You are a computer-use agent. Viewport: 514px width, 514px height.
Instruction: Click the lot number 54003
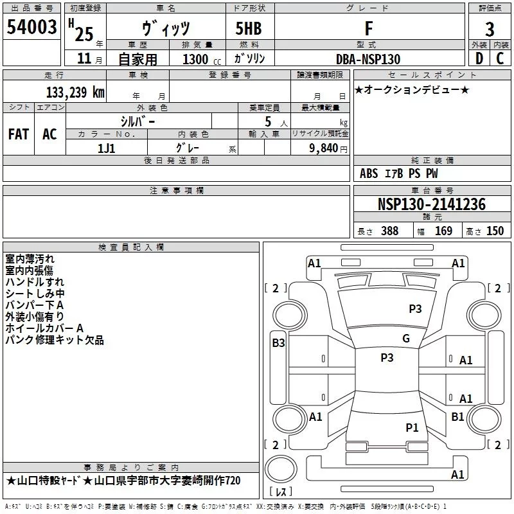(x=31, y=27)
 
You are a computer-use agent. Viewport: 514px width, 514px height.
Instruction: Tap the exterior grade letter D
(x=479, y=58)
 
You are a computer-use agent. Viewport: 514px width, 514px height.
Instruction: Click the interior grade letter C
(x=500, y=58)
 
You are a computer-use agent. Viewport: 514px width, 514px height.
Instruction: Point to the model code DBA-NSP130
(x=368, y=59)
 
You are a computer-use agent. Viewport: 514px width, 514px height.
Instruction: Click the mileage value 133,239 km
(x=75, y=92)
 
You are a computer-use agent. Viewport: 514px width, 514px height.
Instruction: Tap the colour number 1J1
(x=107, y=147)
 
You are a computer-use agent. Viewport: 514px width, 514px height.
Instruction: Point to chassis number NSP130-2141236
(x=432, y=204)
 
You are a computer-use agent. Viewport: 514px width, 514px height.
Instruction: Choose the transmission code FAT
(x=18, y=134)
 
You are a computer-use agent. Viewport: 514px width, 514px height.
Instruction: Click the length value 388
(x=389, y=231)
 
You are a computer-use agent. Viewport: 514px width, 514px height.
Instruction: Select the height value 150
(x=495, y=231)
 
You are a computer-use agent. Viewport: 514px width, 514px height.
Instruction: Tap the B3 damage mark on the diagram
(x=278, y=343)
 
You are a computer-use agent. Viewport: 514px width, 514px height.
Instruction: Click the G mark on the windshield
(x=406, y=339)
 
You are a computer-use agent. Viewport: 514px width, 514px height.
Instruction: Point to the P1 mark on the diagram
(x=412, y=427)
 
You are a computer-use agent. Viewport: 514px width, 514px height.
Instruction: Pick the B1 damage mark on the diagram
(x=457, y=417)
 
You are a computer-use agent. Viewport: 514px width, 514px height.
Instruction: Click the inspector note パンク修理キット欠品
(x=55, y=340)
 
